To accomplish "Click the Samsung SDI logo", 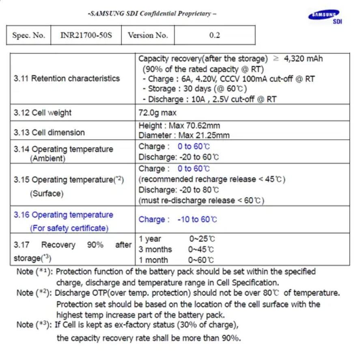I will [325, 17].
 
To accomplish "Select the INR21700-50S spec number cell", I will [86, 35].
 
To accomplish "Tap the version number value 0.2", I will [215, 35].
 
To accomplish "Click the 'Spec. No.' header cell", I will [28, 35].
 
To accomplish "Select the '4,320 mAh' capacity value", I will [303, 58].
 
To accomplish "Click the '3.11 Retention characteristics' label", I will [67, 79].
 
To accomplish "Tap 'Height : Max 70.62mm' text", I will [179, 126].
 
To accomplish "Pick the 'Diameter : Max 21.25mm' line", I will [184, 135].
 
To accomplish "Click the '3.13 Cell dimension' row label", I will [49, 133].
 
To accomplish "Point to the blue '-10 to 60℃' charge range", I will [197, 219].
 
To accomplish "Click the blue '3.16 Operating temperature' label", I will [63, 215].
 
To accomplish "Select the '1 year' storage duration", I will [150, 239].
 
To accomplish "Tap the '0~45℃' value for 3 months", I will [201, 249].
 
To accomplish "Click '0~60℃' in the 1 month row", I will [201, 260].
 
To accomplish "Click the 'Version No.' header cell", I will [148, 35].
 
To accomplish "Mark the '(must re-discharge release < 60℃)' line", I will [201, 200].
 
